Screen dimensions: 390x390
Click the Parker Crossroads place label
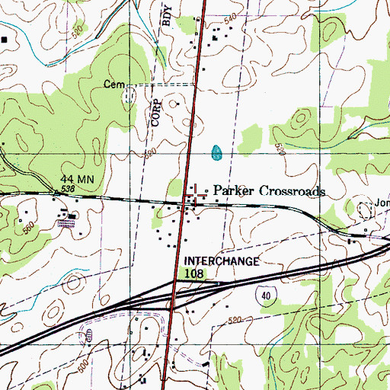[268, 190]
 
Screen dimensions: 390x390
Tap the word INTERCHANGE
[221, 261]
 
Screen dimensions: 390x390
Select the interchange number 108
[194, 271]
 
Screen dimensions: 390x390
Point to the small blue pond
[217, 152]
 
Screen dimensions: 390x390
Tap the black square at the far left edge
[5, 37]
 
